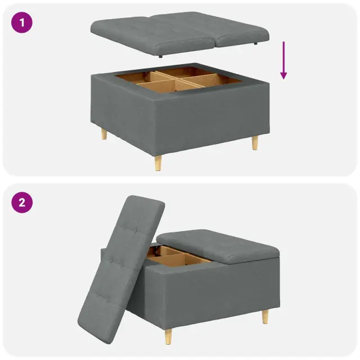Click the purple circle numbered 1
(x=22, y=22)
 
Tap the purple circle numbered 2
(x=22, y=202)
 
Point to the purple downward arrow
(x=283, y=60)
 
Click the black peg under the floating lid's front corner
(x=160, y=56)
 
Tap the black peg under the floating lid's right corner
(x=255, y=43)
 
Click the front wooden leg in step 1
(x=158, y=163)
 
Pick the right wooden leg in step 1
(x=255, y=143)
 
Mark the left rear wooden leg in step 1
(x=104, y=134)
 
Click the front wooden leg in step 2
(x=169, y=336)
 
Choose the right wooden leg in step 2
(x=265, y=317)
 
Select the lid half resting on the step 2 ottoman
(x=218, y=246)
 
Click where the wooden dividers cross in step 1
(x=175, y=79)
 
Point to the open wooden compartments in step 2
(x=178, y=256)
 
